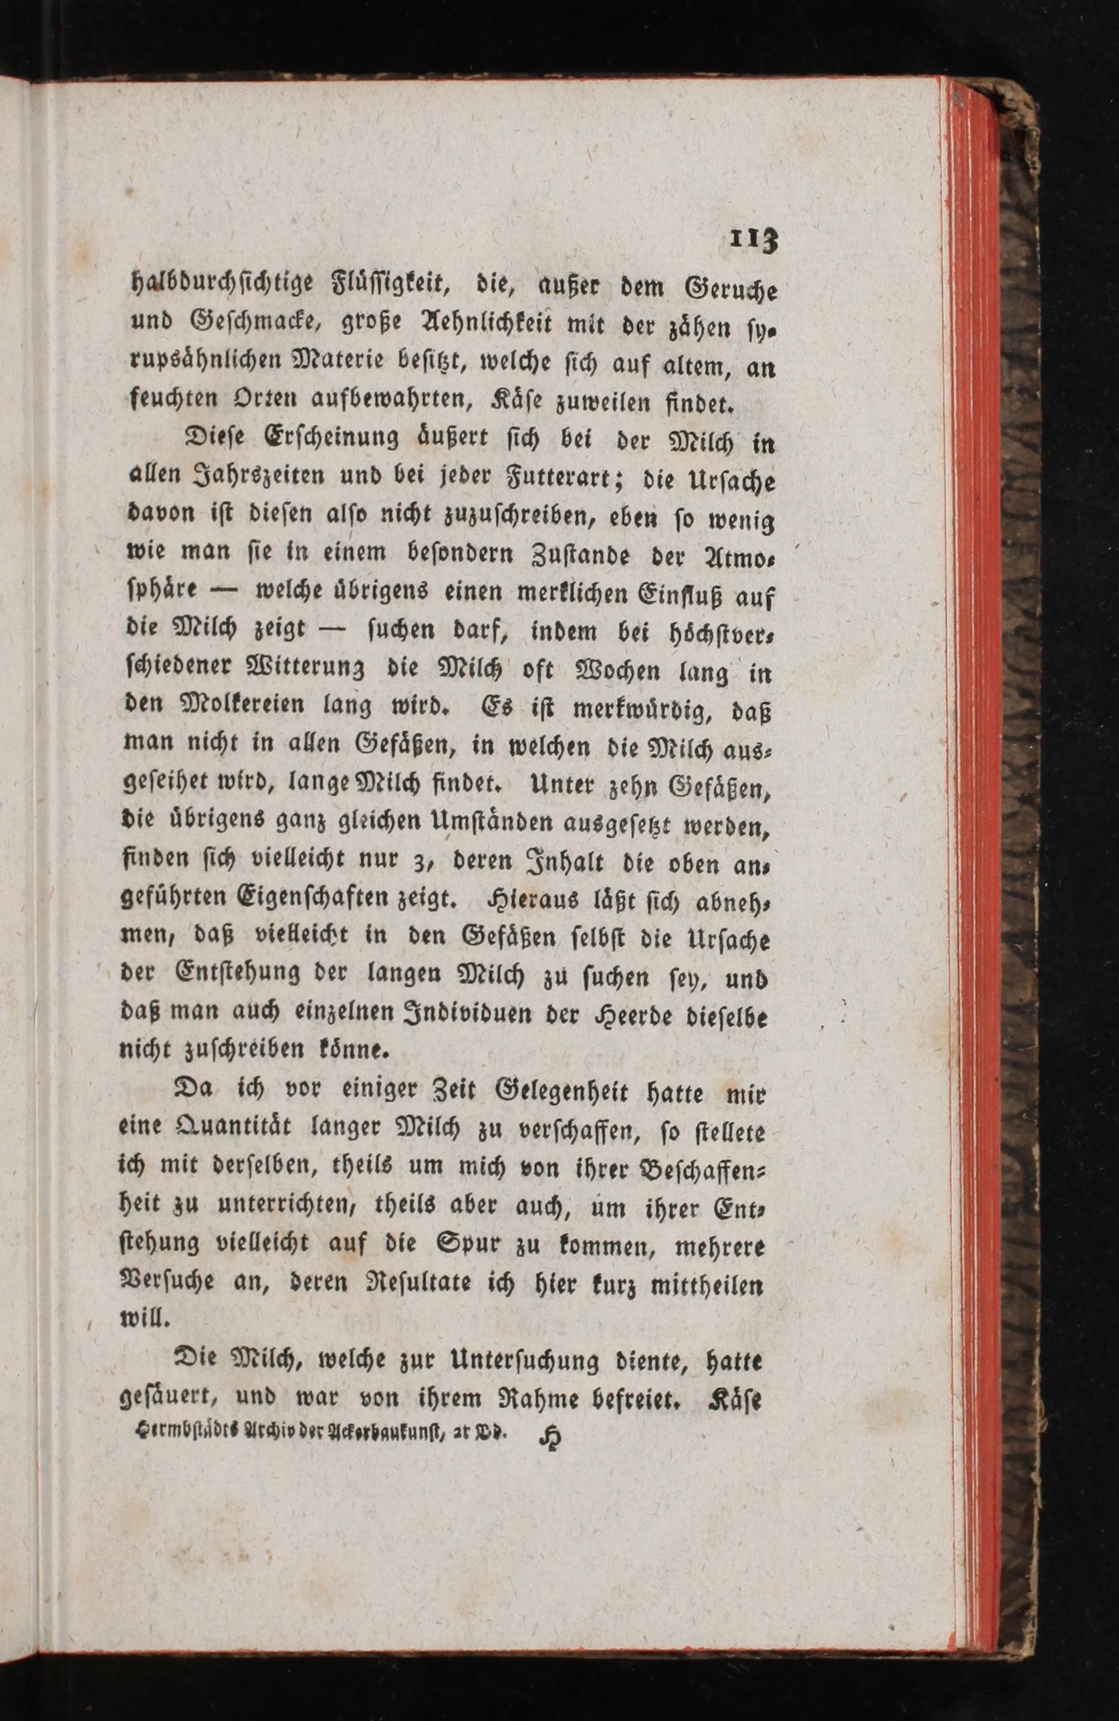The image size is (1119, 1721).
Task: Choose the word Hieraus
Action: point(523,901)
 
